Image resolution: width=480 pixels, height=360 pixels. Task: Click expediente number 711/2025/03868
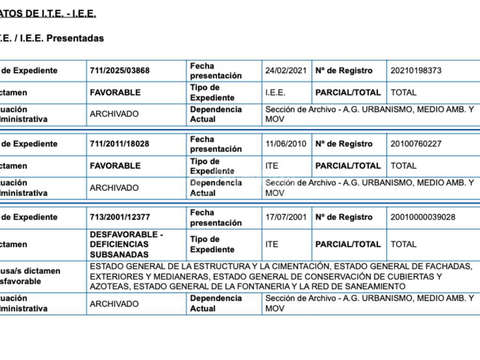120,71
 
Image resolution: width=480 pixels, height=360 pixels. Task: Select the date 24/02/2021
286,71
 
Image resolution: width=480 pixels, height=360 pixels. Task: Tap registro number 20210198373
416,71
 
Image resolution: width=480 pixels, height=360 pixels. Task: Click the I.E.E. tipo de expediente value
275,93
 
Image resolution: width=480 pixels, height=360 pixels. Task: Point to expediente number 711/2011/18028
120,144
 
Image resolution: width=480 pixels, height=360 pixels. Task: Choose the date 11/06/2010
286,144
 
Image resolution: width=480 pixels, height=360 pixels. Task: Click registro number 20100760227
416,144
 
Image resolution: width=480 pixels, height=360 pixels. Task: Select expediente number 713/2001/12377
120,217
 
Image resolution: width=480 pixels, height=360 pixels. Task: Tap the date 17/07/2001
286,217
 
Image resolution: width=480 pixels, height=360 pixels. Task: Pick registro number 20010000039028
423,217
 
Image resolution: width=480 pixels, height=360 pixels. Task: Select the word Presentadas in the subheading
75,38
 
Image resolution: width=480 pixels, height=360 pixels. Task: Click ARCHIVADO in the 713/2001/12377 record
114,304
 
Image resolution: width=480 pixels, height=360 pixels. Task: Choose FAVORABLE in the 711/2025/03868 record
115,93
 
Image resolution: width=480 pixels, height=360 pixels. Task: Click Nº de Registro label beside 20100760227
344,144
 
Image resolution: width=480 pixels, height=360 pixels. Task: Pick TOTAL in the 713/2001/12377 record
403,244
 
